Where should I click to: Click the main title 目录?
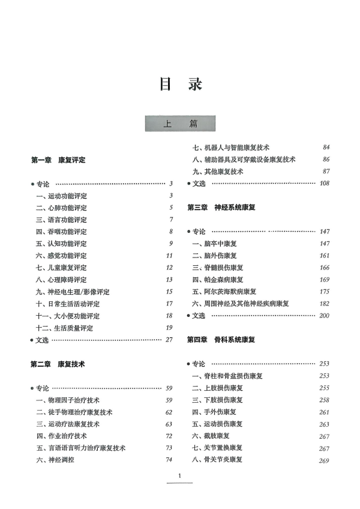179,83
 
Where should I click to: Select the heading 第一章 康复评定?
58,160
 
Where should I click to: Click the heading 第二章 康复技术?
58,364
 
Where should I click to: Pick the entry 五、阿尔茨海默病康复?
224,291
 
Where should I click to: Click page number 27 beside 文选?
169,340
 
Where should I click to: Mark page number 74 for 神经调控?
169,460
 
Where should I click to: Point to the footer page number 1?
179,477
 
